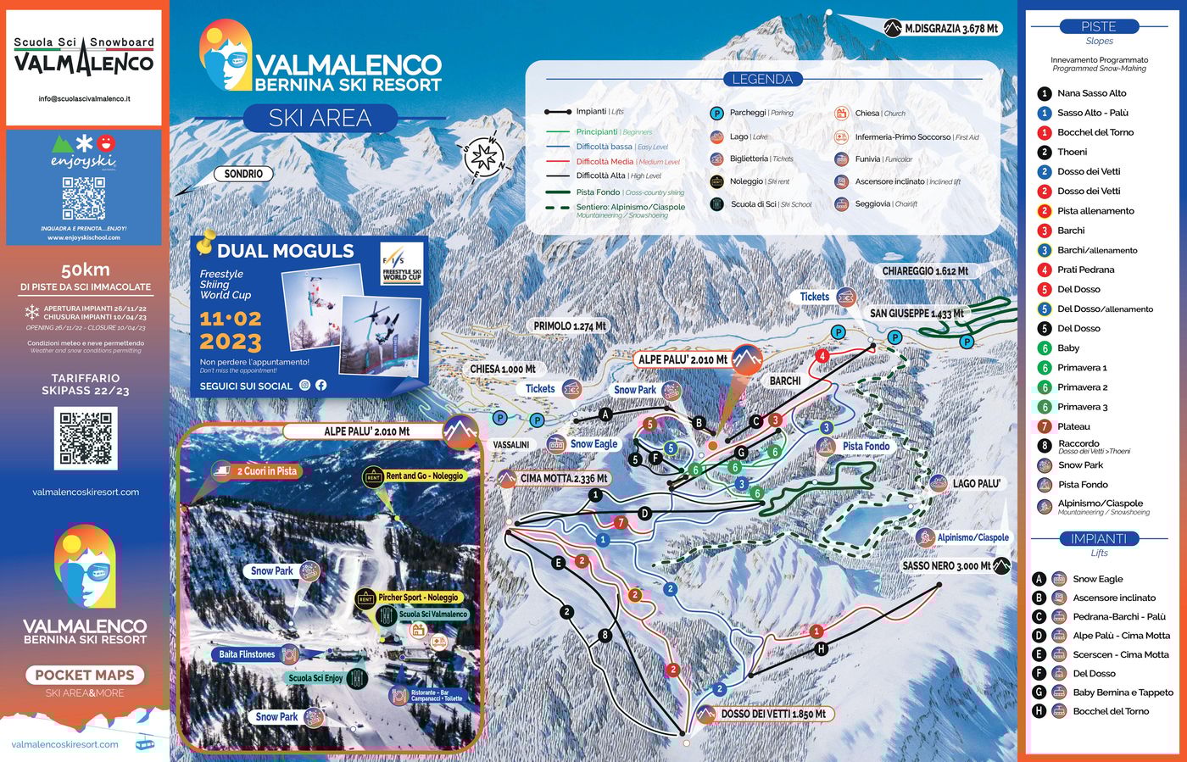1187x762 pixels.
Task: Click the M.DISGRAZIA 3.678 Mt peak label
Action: [x=950, y=28]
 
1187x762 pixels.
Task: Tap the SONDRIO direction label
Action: [x=243, y=174]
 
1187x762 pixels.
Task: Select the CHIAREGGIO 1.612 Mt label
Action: [x=925, y=271]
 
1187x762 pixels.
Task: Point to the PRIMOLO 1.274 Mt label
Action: [x=570, y=325]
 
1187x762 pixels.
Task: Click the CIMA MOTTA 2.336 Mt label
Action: [x=564, y=479]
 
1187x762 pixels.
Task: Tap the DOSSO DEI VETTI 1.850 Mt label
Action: [x=772, y=714]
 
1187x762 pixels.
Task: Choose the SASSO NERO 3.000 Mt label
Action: [x=945, y=565]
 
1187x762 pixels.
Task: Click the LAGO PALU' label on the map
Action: [x=976, y=483]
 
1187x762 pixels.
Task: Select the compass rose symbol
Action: [x=483, y=156]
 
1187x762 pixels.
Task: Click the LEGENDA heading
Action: [x=762, y=79]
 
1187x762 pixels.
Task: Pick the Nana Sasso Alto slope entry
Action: [x=1091, y=93]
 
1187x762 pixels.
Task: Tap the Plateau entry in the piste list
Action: [x=1073, y=426]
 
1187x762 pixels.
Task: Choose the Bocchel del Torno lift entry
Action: [x=1111, y=711]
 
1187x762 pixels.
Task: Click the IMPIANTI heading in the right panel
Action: [x=1099, y=539]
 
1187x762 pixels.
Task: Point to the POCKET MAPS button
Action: [x=85, y=675]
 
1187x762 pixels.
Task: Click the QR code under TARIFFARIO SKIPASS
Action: [x=85, y=438]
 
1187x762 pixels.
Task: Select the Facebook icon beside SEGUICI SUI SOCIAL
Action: [x=321, y=385]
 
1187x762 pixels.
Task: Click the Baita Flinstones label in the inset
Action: [x=247, y=654]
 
